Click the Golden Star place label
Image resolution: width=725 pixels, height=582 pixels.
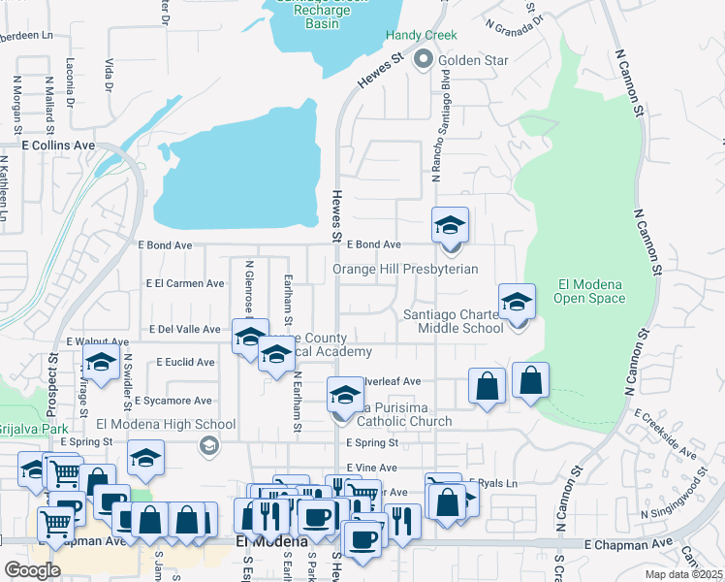click(474, 61)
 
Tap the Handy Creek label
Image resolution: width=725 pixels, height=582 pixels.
click(421, 36)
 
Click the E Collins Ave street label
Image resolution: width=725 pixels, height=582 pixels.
click(59, 145)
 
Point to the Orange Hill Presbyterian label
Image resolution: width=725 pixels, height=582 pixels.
click(405, 269)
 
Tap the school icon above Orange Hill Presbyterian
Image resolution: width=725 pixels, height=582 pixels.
click(450, 226)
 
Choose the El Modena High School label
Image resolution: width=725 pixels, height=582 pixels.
click(166, 424)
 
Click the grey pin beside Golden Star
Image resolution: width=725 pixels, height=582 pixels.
click(424, 61)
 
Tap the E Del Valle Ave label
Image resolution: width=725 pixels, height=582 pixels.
click(184, 330)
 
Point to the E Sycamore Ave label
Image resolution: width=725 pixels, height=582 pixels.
click(173, 401)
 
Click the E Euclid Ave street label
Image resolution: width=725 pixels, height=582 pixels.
click(185, 362)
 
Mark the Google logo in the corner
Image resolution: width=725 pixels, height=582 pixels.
click(31, 569)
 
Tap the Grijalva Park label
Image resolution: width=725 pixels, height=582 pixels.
click(21, 428)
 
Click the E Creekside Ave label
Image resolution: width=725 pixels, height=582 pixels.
click(666, 433)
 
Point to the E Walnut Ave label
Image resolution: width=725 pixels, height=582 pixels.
click(97, 342)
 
